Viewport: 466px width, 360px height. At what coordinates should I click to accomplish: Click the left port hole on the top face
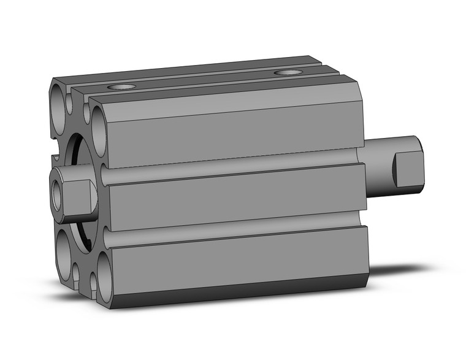pyautogui.click(x=121, y=87)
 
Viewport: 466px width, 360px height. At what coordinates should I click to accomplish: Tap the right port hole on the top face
pyautogui.click(x=288, y=73)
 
